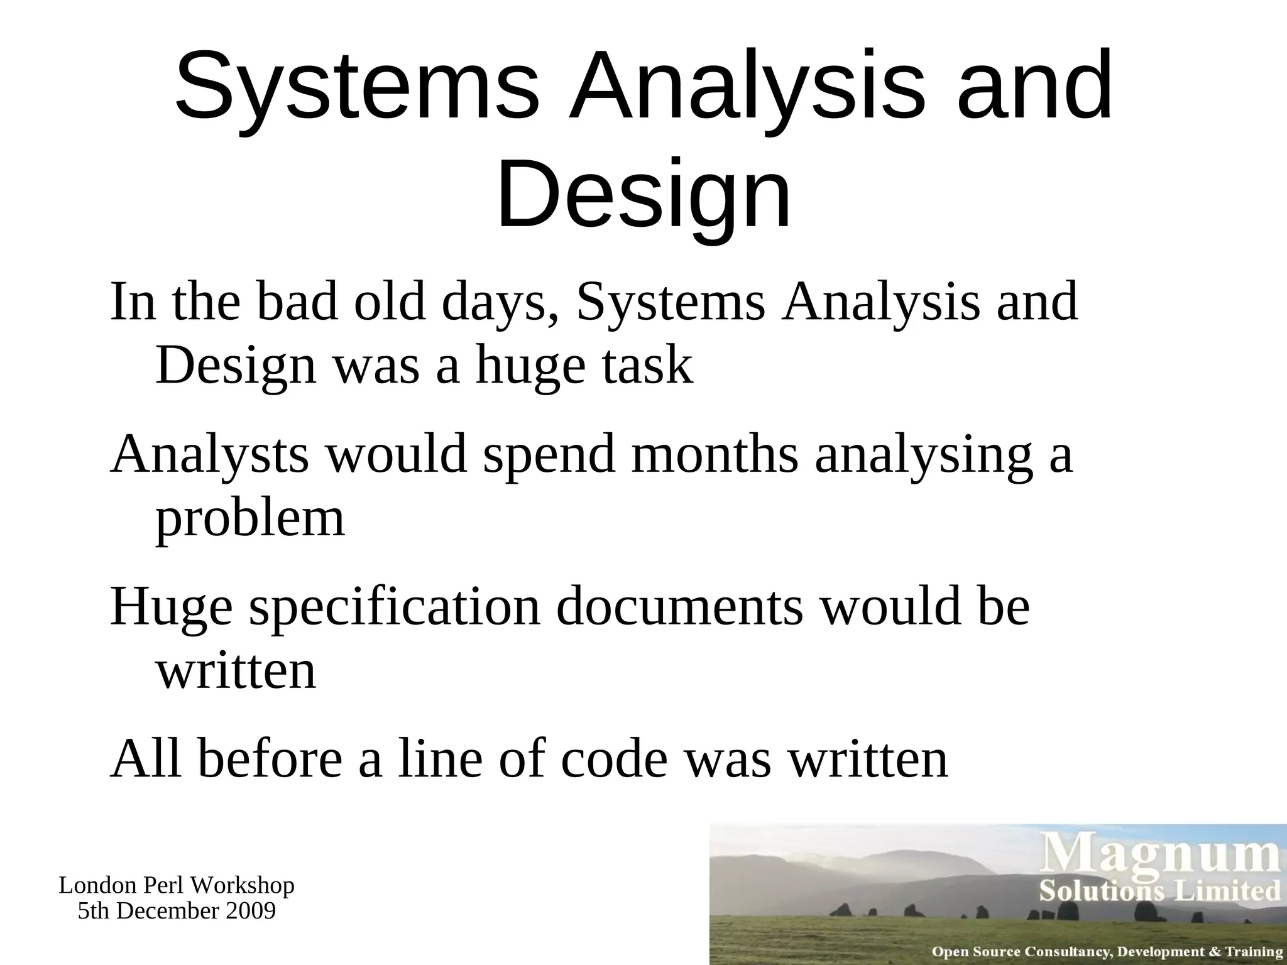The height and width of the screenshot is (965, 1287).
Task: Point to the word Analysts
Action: pos(210,455)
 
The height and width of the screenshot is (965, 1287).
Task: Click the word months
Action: pos(715,454)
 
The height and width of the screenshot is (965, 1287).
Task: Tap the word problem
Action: pos(250,519)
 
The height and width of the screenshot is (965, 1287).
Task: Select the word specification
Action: pos(395,607)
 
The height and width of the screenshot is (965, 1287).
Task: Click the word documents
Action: pos(679,607)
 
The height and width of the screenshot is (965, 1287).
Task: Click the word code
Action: pos(613,758)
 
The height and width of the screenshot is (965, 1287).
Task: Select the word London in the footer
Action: pos(97,885)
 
